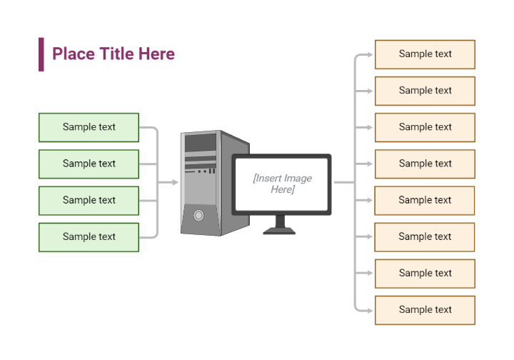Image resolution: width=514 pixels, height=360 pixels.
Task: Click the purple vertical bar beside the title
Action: point(41,54)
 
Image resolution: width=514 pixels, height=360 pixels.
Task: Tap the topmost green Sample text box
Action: point(89,127)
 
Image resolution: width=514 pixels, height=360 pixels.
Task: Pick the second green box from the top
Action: point(89,164)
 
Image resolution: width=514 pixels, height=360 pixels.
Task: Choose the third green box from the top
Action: point(89,200)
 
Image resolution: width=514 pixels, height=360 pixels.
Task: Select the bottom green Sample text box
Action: point(89,236)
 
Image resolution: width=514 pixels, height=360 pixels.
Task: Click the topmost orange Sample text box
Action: point(425,54)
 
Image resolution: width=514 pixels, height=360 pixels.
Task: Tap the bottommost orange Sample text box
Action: point(425,310)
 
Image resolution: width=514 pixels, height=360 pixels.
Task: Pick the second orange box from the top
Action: point(425,91)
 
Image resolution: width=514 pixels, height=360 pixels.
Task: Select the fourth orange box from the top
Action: point(425,164)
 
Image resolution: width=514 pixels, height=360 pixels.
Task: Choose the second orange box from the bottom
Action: point(425,273)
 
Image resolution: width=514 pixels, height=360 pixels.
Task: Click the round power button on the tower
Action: point(198,215)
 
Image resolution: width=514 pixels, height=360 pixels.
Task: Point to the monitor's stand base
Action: point(279,230)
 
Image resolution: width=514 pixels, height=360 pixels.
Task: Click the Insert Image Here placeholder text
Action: point(282,184)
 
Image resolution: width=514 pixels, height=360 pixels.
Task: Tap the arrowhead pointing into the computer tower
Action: point(174,182)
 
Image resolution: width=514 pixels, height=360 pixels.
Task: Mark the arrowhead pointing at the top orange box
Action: point(369,54)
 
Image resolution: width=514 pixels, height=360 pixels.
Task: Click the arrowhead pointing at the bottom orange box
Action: point(369,310)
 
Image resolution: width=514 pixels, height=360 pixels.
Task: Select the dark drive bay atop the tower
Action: point(201,144)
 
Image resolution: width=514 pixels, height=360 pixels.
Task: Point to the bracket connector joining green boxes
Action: point(157,182)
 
